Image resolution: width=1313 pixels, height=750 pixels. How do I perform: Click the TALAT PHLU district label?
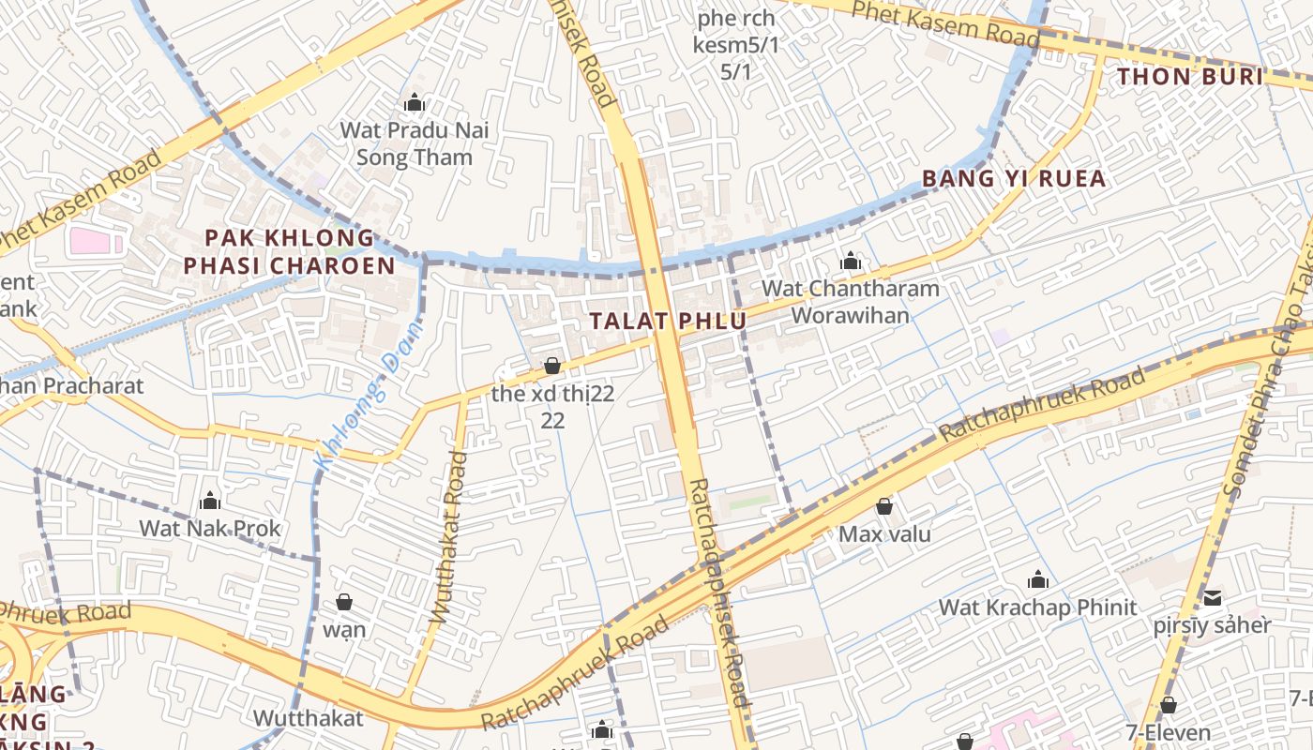668,321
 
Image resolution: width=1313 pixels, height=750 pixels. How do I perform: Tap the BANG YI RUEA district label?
1014,178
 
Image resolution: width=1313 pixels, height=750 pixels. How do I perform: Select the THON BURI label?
1190,77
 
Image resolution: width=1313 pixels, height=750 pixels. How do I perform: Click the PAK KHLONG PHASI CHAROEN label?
289,251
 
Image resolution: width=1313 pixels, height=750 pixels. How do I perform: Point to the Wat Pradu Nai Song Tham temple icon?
414,103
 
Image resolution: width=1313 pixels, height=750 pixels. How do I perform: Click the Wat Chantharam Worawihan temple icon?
851,261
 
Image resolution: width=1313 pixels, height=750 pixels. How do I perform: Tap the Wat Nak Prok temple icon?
210,501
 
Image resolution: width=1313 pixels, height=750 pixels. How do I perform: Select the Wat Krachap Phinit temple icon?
1037,579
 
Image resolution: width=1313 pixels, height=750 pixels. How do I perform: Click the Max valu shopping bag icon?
884,507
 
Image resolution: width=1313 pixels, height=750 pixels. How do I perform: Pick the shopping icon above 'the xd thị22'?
552,366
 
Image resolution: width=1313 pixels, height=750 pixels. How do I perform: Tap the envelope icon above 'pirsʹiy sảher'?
1213,597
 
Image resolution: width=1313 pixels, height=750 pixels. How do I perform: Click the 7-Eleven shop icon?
1168,705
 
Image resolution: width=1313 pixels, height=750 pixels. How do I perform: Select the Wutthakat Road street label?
448,537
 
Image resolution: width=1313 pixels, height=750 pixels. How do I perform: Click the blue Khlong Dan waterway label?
369,394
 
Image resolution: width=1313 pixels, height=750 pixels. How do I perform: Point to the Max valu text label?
884,534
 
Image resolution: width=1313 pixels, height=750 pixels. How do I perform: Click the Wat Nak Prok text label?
210,529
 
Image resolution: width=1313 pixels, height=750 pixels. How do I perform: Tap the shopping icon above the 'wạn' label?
344,601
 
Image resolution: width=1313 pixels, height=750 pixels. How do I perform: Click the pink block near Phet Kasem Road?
96,241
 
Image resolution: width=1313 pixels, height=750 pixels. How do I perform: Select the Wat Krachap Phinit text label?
1037,607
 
